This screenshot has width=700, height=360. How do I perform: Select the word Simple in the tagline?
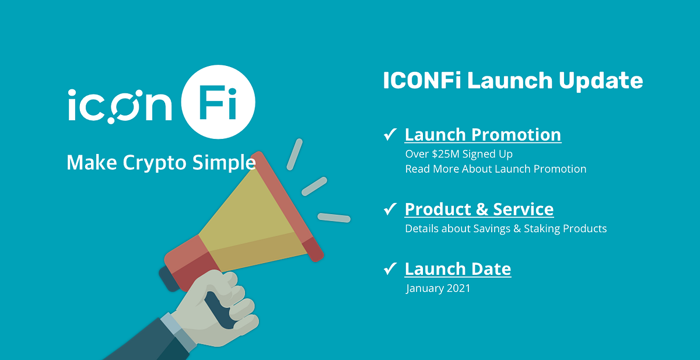coord(224,162)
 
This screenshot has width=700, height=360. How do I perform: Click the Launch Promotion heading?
coord(482,135)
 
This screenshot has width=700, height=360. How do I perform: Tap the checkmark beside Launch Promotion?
coord(390,135)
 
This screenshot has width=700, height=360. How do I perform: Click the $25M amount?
coord(444,155)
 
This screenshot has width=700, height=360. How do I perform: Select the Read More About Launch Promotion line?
coord(495,169)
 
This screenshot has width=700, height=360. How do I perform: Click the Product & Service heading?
coord(479,209)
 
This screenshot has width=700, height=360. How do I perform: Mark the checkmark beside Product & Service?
coord(390,209)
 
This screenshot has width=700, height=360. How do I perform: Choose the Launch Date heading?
coord(457,269)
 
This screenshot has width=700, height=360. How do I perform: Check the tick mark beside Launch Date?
coord(390,269)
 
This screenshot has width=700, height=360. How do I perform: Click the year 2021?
coord(459,288)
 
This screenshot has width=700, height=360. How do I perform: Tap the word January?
coord(425,288)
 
